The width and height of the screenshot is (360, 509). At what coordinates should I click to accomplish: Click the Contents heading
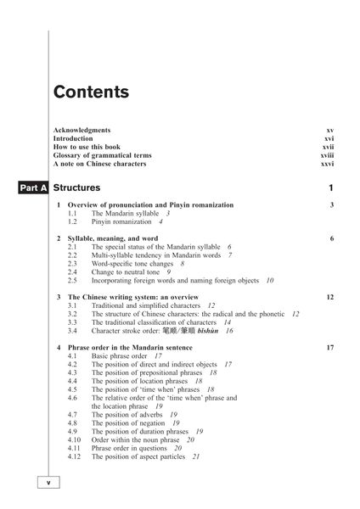click(x=91, y=92)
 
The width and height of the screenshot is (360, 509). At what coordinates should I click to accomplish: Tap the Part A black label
click(x=31, y=187)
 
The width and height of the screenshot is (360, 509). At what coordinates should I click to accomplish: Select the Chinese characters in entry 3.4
click(x=198, y=331)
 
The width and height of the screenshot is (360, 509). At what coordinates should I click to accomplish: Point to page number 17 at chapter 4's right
click(x=329, y=348)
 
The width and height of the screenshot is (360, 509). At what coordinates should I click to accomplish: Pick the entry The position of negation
click(x=129, y=422)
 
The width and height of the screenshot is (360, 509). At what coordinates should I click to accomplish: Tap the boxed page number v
click(x=48, y=482)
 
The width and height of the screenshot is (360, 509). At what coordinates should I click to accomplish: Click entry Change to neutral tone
click(x=127, y=271)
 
